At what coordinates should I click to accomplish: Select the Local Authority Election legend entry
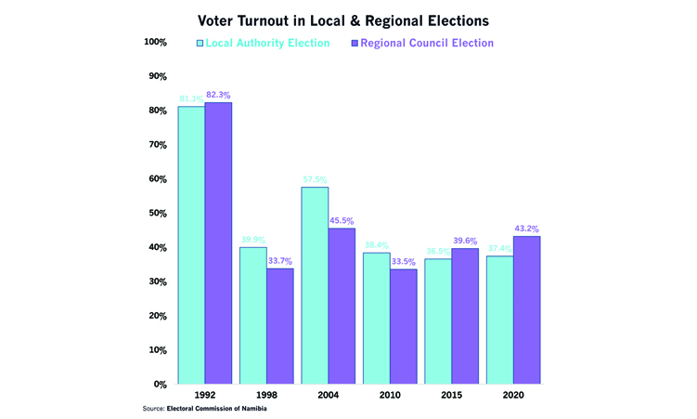pyautogui.click(x=264, y=43)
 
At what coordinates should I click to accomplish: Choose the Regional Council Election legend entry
pyautogui.click(x=421, y=43)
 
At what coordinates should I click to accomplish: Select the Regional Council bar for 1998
pyautogui.click(x=279, y=325)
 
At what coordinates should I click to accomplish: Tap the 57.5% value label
pyautogui.click(x=315, y=179)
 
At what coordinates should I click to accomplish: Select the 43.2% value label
pyautogui.click(x=526, y=229)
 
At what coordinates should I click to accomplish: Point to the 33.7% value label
pyautogui.click(x=279, y=261)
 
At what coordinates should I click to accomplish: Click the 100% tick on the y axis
pyautogui.click(x=155, y=42)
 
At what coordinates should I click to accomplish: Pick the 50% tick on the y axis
pyautogui.click(x=157, y=213)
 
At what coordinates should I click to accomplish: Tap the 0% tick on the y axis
pyautogui.click(x=160, y=384)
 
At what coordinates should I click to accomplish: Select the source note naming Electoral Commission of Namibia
pyautogui.click(x=211, y=409)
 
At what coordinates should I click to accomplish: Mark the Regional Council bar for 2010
pyautogui.click(x=403, y=326)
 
